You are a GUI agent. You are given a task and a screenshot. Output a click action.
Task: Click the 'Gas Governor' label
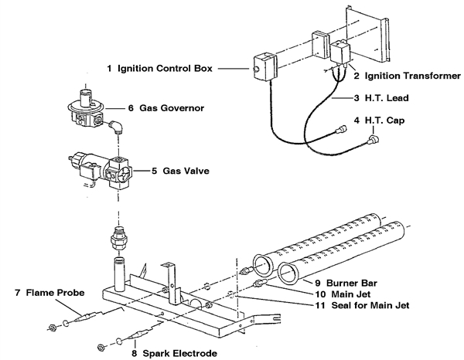point(172,109)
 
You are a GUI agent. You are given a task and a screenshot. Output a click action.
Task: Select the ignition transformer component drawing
point(341,56)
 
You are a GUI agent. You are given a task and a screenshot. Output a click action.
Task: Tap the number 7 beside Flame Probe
point(17,293)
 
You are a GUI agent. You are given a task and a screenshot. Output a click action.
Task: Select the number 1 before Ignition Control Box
point(110,69)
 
